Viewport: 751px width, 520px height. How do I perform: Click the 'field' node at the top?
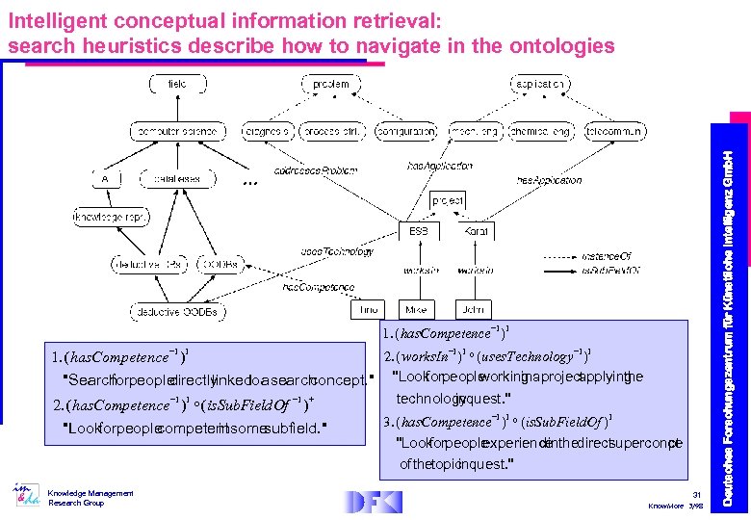click(x=177, y=85)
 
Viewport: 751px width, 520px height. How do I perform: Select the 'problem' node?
click(x=332, y=85)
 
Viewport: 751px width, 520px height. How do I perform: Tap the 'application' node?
click(x=539, y=85)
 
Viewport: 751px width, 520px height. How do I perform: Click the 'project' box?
click(x=448, y=200)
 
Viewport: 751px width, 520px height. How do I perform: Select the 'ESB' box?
click(x=419, y=231)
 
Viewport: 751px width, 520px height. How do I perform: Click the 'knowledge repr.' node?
click(x=111, y=218)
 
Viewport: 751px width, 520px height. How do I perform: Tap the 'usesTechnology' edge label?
click(x=336, y=251)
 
